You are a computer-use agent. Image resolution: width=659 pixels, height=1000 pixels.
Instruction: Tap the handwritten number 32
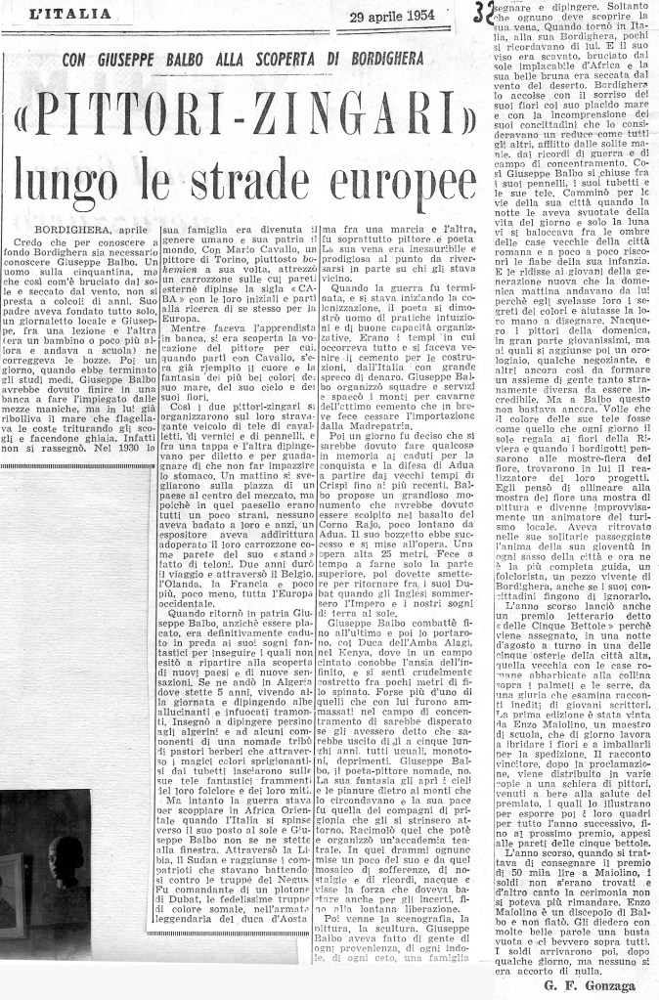tap(482, 15)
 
